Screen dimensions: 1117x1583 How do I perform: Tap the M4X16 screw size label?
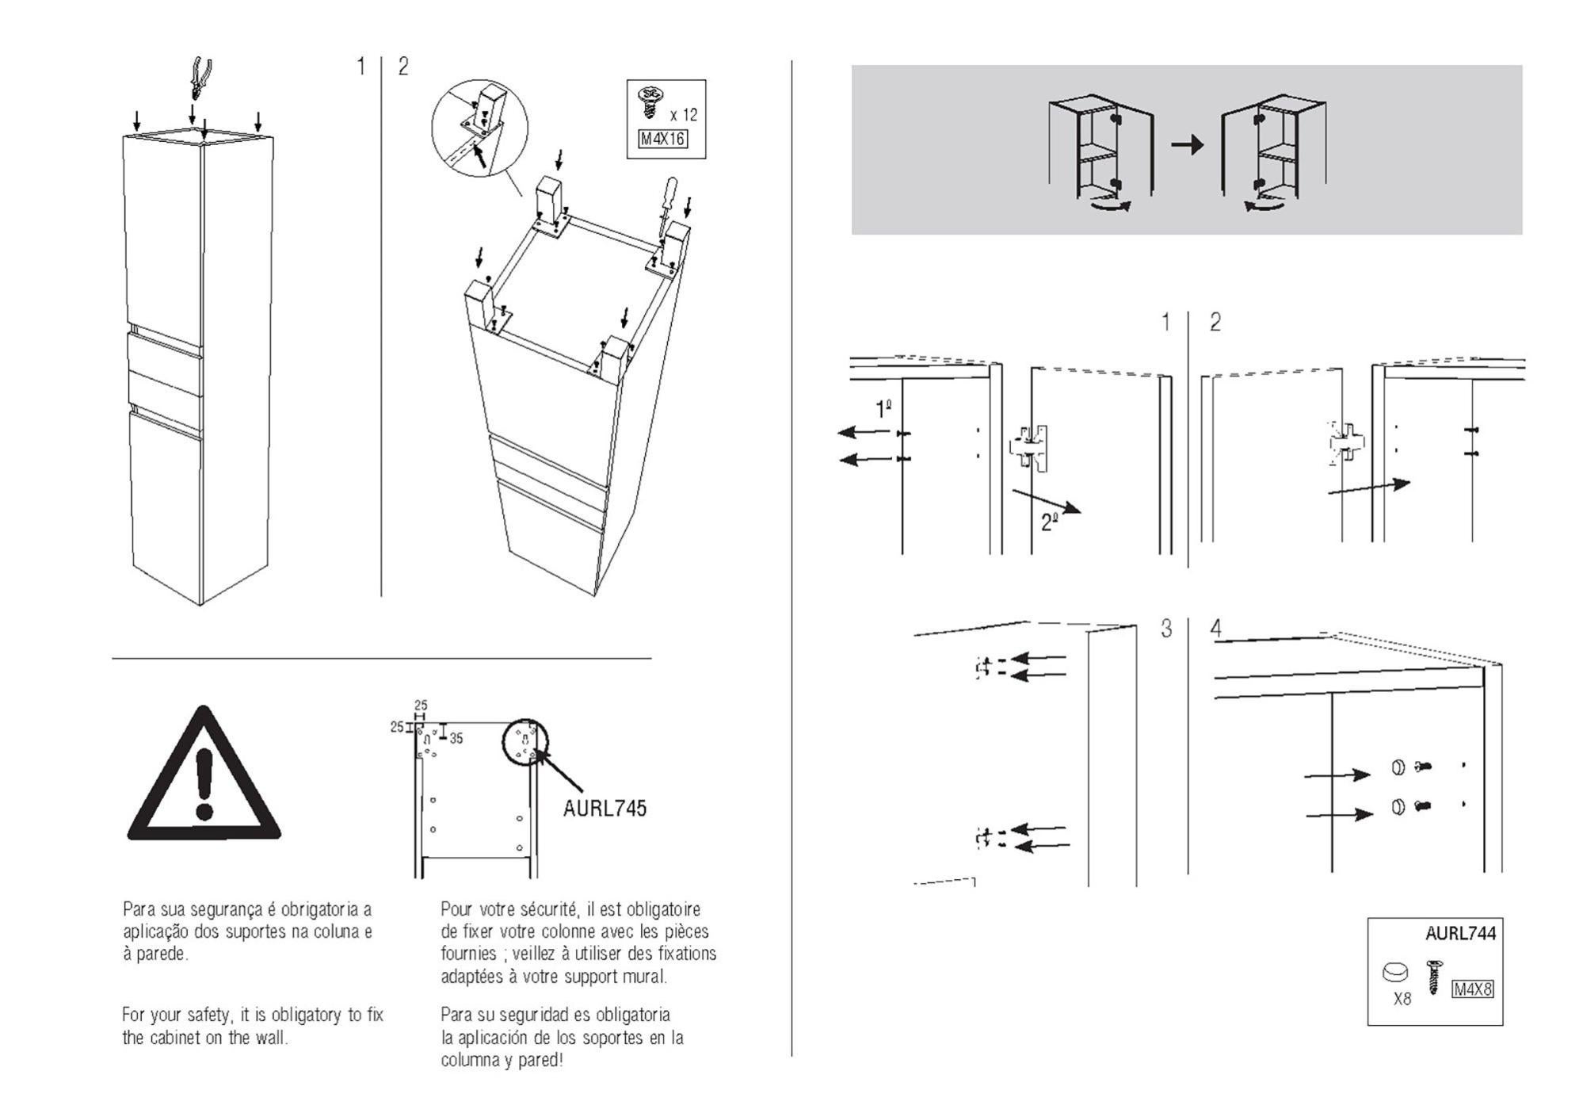(662, 140)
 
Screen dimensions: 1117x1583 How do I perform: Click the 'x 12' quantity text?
(684, 115)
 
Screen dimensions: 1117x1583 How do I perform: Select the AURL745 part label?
(605, 809)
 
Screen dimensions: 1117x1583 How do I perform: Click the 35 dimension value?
(456, 739)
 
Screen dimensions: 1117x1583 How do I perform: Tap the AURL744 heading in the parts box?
(1460, 933)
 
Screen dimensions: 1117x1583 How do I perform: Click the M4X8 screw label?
(1472, 989)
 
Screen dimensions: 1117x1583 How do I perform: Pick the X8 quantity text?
(1402, 999)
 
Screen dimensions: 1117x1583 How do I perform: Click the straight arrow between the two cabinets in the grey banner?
(1187, 145)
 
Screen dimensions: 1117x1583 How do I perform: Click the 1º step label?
(883, 409)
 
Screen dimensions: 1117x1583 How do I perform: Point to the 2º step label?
(1050, 522)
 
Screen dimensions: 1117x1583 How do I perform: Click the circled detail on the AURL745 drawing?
(525, 742)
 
